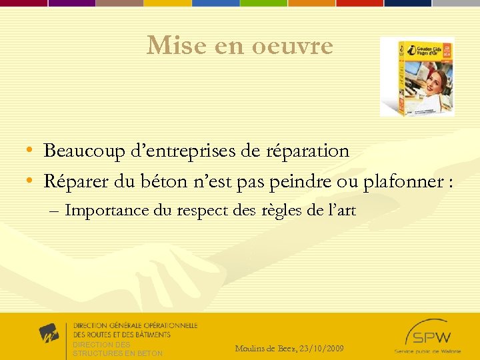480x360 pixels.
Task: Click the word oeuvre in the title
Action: pos(293,46)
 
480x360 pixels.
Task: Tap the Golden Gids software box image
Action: pos(417,77)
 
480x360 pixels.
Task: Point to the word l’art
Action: pos(341,211)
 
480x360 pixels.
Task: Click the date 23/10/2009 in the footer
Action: pos(322,349)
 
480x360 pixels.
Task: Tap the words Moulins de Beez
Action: pos(266,349)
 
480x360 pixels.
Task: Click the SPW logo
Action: pos(427,333)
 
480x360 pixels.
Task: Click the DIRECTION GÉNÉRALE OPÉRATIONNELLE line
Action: pos(135,325)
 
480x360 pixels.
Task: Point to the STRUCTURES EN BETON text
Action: pos(117,353)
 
